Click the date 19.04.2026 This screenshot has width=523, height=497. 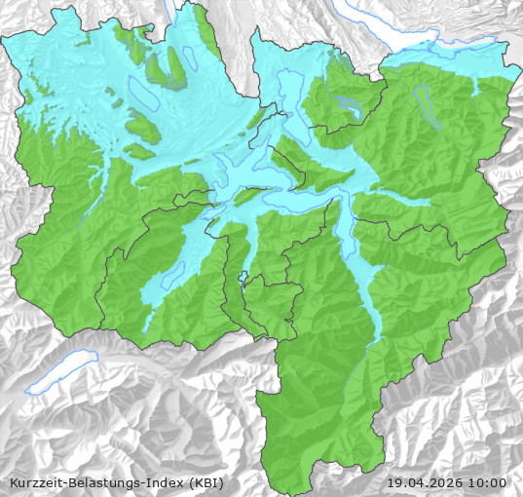point(424,482)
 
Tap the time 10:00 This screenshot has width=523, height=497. point(487,482)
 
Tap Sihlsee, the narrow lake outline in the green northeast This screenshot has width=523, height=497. point(424,105)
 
